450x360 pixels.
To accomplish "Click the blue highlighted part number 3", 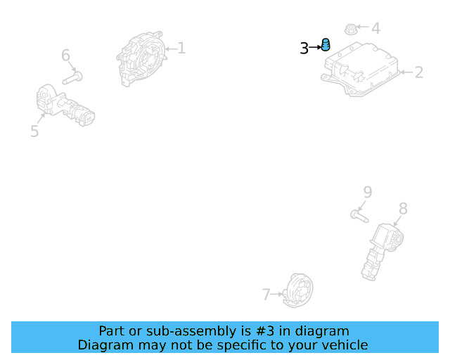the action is (326, 45).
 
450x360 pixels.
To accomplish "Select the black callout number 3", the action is (304, 49).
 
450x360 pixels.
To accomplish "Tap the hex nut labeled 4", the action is (350, 29).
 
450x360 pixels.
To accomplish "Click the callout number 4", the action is (375, 28).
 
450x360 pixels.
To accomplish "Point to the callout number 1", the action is (181, 48).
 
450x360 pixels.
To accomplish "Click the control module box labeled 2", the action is (361, 69).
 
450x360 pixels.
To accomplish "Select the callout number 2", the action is (419, 72).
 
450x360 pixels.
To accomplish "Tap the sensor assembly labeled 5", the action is (65, 105).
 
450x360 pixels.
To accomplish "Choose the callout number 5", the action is (34, 131).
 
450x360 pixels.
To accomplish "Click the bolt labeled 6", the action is (72, 78).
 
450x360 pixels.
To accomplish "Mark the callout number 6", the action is (65, 55).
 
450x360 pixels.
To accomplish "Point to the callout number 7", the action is (266, 295).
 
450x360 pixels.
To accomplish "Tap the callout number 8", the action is (403, 209).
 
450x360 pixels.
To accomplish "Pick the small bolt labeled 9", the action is (359, 216).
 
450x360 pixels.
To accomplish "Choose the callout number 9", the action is (368, 192).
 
